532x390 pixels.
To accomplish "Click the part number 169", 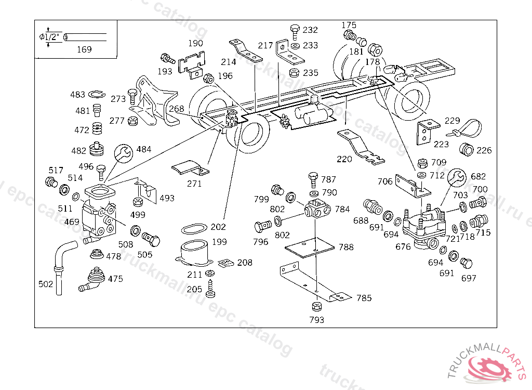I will (84, 49).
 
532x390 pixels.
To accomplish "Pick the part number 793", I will (316, 320).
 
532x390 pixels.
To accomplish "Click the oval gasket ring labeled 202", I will (193, 228).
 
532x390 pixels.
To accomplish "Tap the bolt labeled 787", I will (313, 179).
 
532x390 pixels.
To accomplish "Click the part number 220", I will (344, 159).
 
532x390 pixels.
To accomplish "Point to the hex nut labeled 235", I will (294, 72).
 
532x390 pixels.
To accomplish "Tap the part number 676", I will (403, 247).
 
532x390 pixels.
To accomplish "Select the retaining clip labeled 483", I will (96, 94).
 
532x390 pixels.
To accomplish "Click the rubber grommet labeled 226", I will (467, 150).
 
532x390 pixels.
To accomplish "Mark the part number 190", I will (195, 43).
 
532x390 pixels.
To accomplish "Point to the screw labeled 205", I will (210, 288).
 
